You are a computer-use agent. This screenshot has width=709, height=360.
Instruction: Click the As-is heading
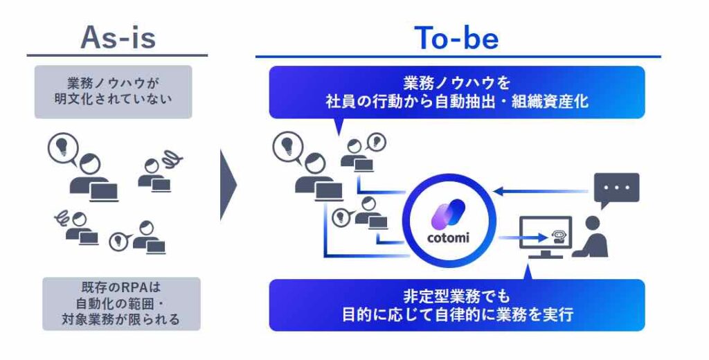tap(118, 37)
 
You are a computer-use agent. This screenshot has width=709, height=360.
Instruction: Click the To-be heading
tap(456, 38)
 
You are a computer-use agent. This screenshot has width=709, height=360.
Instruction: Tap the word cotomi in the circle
tap(449, 239)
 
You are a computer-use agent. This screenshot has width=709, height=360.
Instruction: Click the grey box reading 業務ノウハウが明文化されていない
tap(113, 92)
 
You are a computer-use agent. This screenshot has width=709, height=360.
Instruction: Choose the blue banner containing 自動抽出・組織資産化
tap(456, 92)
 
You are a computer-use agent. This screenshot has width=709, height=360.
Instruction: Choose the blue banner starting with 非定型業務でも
tap(456, 305)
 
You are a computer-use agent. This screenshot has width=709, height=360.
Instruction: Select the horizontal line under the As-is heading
tap(117, 55)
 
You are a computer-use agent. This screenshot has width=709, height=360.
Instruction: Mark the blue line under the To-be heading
tap(458, 57)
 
